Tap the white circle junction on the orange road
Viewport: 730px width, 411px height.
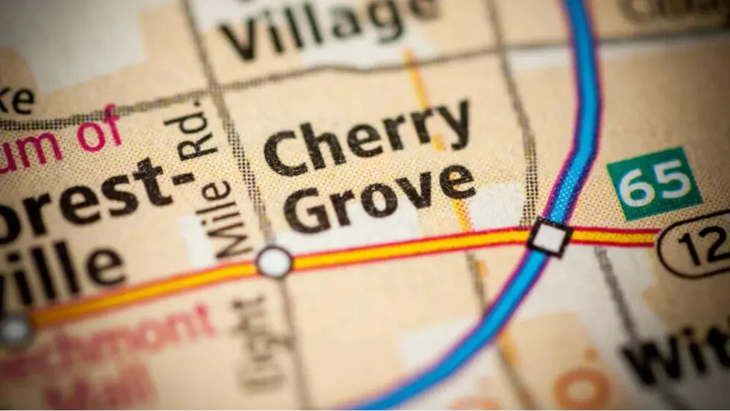click(x=274, y=262)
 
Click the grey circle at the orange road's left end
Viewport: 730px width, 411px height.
click(x=16, y=330)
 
